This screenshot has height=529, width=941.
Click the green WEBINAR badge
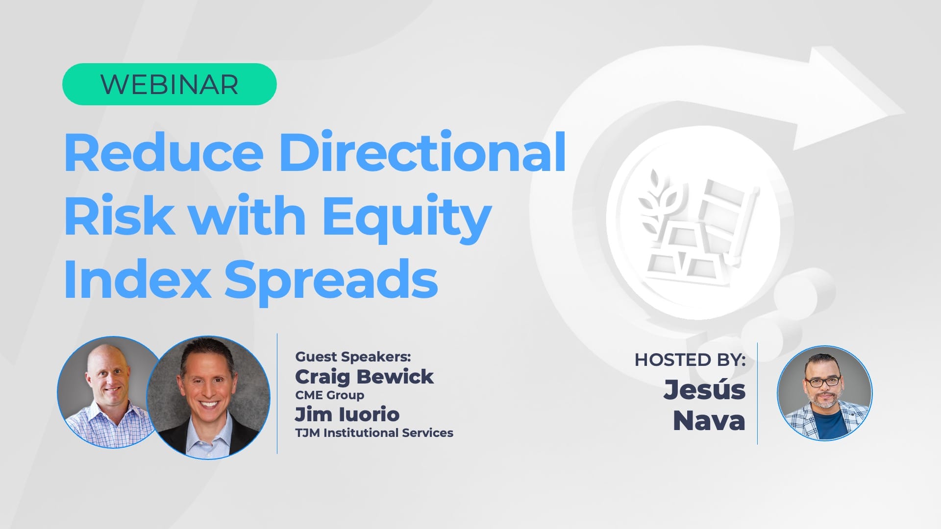click(x=169, y=84)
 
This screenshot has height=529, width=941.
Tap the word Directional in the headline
click(x=423, y=152)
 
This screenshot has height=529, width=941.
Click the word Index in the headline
click(x=137, y=278)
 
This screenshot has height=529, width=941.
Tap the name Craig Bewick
click(x=364, y=377)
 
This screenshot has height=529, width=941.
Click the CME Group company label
click(x=329, y=395)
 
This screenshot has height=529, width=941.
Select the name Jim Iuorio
click(x=347, y=414)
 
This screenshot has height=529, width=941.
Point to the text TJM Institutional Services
click(x=374, y=433)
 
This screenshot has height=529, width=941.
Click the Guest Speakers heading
click(x=353, y=357)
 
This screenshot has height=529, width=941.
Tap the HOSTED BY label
click(x=690, y=360)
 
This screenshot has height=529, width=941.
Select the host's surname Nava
click(x=709, y=421)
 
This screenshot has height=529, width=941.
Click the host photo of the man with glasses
click(x=824, y=393)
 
